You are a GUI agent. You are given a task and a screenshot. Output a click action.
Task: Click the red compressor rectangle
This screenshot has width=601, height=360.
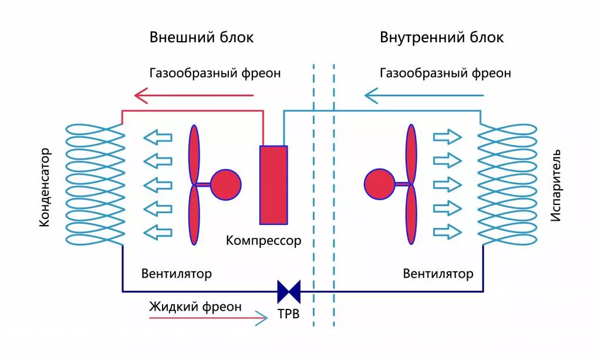pyautogui.click(x=274, y=184)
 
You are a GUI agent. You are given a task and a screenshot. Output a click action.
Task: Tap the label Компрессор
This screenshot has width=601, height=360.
pyautogui.click(x=264, y=240)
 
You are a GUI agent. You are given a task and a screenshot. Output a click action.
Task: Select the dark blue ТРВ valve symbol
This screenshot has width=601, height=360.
pyautogui.click(x=289, y=290)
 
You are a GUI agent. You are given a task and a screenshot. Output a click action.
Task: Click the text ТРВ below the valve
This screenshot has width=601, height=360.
pyautogui.click(x=289, y=314)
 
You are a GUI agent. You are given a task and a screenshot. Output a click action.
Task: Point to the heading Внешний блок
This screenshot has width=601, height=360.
pyautogui.click(x=202, y=38)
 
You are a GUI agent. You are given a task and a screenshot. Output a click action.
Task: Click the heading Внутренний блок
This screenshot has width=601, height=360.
pyautogui.click(x=442, y=38)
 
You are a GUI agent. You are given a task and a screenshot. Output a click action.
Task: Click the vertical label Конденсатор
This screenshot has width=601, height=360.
pyautogui.click(x=45, y=187)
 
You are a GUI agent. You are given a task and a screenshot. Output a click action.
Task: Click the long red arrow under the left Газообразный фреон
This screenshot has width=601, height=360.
pyautogui.click(x=194, y=95)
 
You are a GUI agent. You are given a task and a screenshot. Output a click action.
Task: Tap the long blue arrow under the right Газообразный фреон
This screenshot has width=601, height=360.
pyautogui.click(x=424, y=95)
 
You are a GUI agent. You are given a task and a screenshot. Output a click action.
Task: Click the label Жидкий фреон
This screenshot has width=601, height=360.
pyautogui.click(x=195, y=307)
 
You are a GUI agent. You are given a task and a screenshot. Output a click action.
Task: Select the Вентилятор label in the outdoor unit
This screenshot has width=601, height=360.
pyautogui.click(x=177, y=274)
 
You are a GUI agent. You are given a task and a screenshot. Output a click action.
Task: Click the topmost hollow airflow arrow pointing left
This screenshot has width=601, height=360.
pyautogui.click(x=158, y=139)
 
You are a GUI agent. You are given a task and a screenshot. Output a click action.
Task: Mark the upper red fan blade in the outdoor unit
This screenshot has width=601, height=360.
pyautogui.click(x=194, y=154)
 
